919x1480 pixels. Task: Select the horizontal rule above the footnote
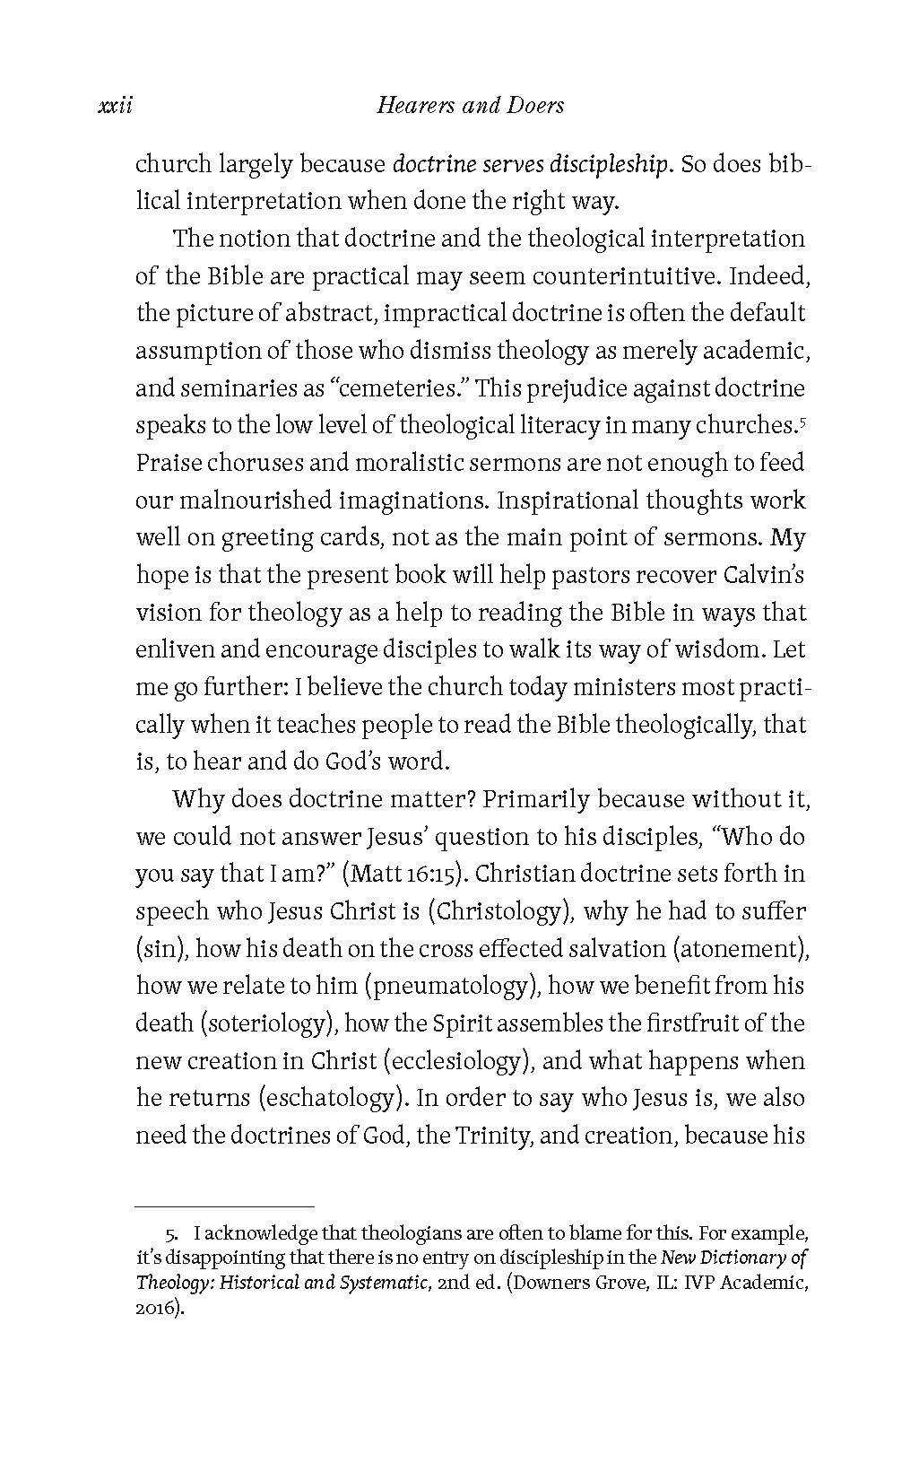pos(224,1206)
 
